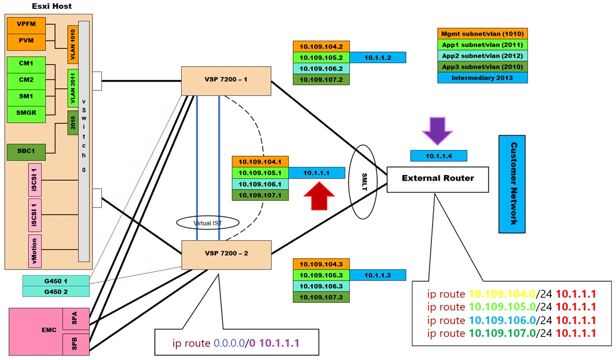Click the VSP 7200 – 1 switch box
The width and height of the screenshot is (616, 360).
pyautogui.click(x=226, y=80)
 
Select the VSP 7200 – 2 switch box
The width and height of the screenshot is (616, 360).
pyautogui.click(x=226, y=254)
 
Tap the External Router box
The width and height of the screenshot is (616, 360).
pyautogui.click(x=438, y=178)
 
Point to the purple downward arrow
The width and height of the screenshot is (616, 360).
pyautogui.click(x=438, y=132)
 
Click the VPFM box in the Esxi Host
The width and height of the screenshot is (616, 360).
pyautogui.click(x=26, y=25)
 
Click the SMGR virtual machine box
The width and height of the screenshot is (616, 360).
pyautogui.click(x=26, y=112)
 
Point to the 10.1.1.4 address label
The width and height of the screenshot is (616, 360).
pyautogui.click(x=438, y=156)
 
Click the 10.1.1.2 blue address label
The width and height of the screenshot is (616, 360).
pyautogui.click(x=377, y=58)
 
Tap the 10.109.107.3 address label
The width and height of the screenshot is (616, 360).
pyautogui.click(x=321, y=297)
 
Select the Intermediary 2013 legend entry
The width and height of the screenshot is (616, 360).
pyautogui.click(x=483, y=77)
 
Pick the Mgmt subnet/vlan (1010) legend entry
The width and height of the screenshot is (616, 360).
pyautogui.click(x=483, y=33)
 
